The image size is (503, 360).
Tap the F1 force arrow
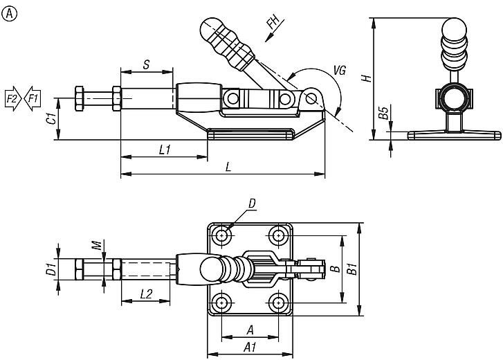point(32,99)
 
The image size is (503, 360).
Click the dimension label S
point(146,64)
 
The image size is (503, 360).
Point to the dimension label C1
point(51,119)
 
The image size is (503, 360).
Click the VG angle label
point(340,69)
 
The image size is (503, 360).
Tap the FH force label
point(273,28)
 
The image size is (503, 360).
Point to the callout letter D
point(252,203)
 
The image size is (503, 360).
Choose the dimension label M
point(99,244)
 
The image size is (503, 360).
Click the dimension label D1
point(51,269)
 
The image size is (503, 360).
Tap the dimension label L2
point(145,294)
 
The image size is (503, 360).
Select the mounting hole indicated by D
point(223,235)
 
